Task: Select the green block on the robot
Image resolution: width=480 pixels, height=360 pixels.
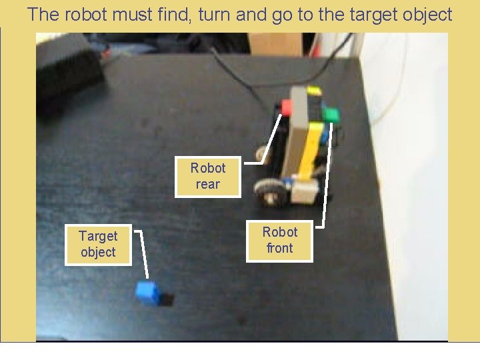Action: point(331,114)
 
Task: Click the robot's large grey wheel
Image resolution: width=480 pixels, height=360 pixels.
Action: point(268,191)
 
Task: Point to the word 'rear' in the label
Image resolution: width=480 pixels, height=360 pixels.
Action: point(207,185)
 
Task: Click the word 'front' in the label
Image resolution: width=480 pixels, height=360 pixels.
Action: point(279,248)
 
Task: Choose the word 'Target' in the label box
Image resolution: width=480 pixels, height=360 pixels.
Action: point(98,236)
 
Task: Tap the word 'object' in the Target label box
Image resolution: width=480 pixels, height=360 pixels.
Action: point(98,252)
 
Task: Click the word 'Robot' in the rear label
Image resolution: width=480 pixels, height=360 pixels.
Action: point(207,168)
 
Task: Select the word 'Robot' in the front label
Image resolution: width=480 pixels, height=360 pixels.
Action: point(279,232)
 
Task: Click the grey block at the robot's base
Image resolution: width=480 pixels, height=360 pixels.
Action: point(304,193)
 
